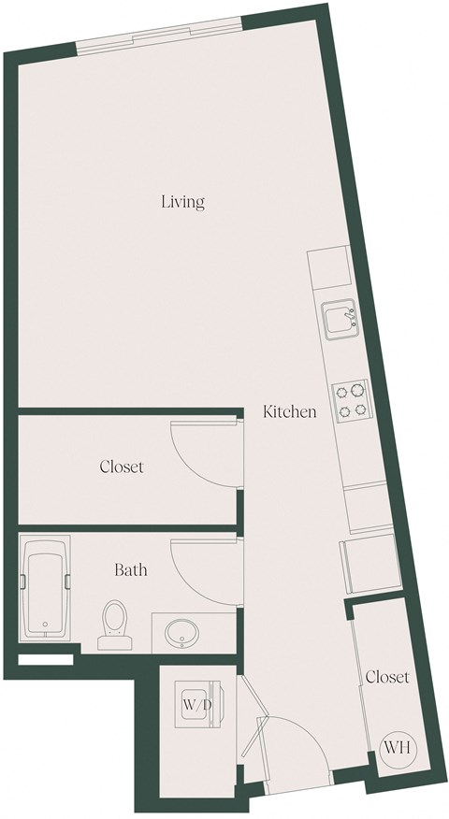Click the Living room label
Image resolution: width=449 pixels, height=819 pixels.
pos(182,201)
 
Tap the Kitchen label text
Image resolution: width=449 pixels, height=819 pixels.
pos(289,411)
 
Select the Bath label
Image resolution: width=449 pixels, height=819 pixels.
pos(130,568)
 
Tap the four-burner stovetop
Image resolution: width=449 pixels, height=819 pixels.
pos(352,399)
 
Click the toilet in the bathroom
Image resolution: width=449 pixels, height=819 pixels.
pos(114,623)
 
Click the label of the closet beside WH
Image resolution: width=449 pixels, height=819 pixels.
pos(387,676)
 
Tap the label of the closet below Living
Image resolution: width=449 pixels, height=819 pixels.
pos(122,466)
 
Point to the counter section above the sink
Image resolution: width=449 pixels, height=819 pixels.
pos(329,268)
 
